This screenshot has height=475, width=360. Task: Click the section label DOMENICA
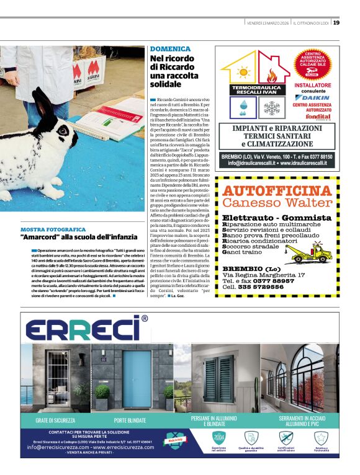(x=170, y=48)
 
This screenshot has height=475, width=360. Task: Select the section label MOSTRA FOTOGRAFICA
(x=52, y=229)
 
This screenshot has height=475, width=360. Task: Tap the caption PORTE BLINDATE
(x=129, y=420)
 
